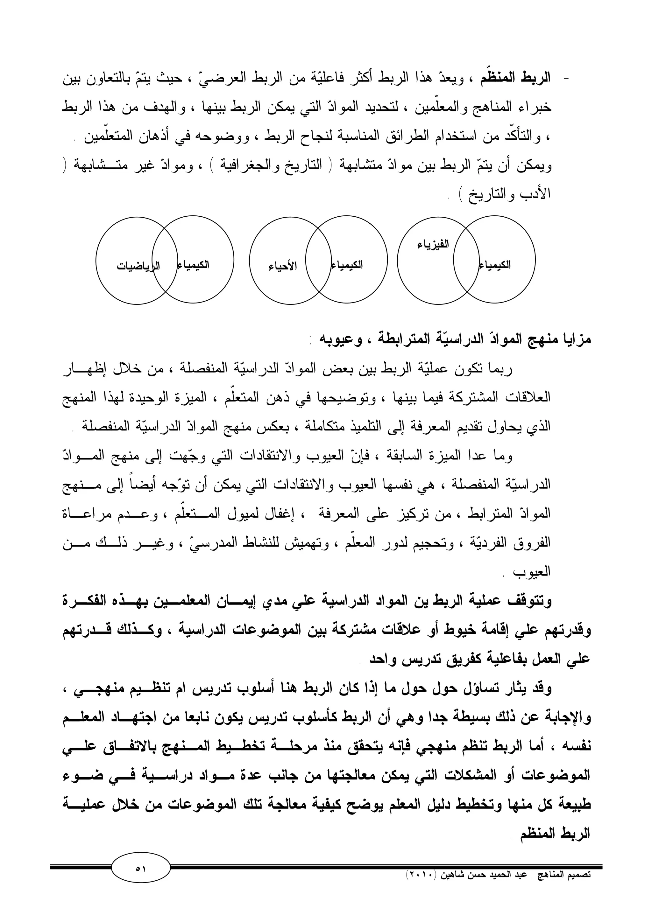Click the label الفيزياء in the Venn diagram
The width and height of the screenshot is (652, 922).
434,245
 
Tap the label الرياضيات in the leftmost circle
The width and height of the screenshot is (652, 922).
138,266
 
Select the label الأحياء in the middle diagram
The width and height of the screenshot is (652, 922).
283,266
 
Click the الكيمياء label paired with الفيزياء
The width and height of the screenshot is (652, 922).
495,265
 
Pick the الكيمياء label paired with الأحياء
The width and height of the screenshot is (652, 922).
347,265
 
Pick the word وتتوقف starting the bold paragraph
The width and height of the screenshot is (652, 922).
530,602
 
